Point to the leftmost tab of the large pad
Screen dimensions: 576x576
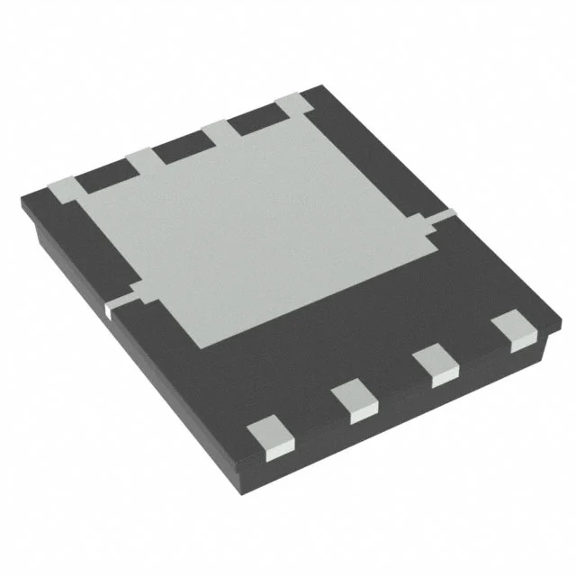coord(61,190)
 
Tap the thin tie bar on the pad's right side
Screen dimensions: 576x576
coord(443,216)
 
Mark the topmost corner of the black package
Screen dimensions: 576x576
coord(319,87)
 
